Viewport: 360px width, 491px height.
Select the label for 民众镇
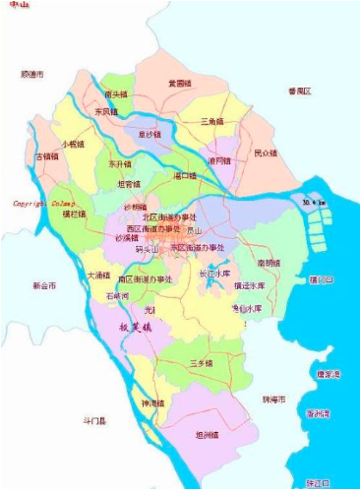[266, 153]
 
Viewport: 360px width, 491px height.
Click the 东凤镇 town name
[105, 112]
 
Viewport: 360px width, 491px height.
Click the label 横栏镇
[74, 213]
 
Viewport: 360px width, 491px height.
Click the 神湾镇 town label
[154, 403]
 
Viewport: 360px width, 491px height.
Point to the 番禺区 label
[299, 91]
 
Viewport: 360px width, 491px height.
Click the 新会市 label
[44, 285]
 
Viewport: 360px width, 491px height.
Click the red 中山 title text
[15, 5]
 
